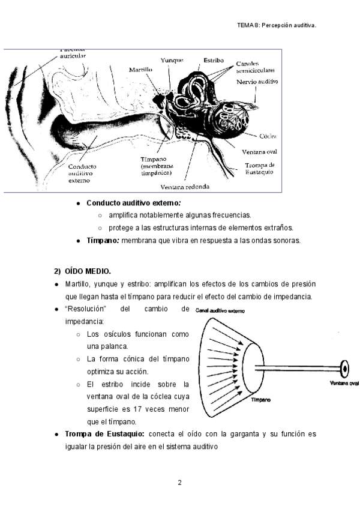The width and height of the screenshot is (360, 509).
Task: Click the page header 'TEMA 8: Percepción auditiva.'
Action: (277, 25)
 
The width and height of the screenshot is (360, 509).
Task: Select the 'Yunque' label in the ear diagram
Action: (172, 60)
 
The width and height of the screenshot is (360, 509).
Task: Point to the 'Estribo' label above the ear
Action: (214, 60)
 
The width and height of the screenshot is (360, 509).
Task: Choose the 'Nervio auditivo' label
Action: (257, 81)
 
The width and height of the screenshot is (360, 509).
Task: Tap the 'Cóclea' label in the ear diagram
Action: (268, 136)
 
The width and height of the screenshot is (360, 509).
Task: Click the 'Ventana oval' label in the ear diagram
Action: (259, 152)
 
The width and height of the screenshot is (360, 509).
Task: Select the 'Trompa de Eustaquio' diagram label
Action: (260, 168)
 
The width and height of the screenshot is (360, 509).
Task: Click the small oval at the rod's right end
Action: (345, 367)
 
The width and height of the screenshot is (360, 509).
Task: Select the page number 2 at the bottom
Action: (179, 483)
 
